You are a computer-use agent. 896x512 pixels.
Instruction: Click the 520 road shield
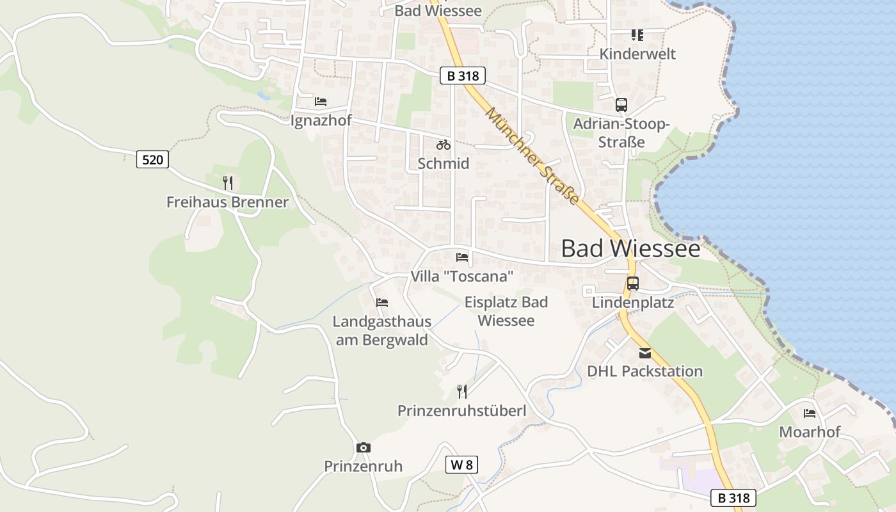(152, 159)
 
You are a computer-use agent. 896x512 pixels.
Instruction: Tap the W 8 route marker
(461, 465)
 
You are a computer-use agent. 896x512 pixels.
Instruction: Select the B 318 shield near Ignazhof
(463, 76)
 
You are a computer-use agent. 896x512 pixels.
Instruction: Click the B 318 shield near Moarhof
(733, 497)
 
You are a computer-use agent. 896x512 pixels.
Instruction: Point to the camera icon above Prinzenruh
(364, 447)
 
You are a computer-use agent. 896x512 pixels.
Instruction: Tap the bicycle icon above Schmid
(444, 145)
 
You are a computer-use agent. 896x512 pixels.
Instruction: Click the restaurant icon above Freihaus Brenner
(228, 183)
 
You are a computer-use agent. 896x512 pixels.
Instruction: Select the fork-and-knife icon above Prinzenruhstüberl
(462, 391)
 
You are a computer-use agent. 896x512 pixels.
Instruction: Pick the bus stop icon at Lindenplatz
(633, 283)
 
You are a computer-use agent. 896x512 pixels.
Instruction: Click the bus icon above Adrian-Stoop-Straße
(621, 105)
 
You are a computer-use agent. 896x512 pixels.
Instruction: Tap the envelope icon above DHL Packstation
(644, 353)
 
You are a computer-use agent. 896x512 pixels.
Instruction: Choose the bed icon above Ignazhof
(321, 101)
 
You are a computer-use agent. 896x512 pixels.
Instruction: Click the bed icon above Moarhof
(810, 413)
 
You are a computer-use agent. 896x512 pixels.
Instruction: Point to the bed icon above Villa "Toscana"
(462, 257)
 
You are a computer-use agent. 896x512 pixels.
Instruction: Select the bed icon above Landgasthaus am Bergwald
(382, 302)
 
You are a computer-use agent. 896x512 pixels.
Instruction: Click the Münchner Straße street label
(532, 156)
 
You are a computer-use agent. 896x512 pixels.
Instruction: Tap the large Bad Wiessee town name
(630, 248)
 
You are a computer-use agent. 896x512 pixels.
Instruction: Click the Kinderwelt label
(637, 54)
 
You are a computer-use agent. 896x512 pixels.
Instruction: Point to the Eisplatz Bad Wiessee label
(506, 311)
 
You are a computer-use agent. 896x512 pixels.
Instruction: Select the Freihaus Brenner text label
(227, 202)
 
